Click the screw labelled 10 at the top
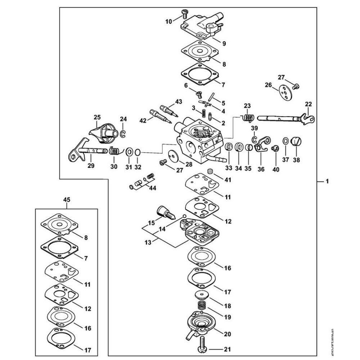185,14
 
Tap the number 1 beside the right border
327,182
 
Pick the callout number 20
228,334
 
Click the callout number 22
309,104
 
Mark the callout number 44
153,188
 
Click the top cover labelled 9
202,27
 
